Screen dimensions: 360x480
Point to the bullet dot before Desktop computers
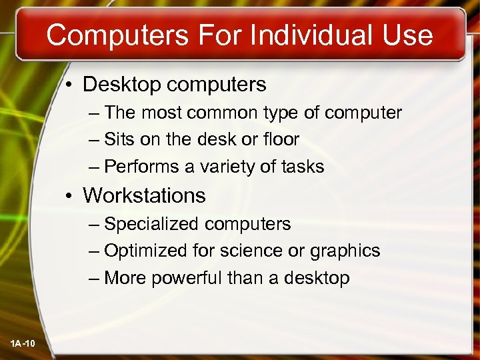point(70,85)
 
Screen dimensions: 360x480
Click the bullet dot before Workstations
point(70,196)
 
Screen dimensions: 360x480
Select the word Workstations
point(144,196)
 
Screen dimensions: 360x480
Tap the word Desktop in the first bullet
point(122,85)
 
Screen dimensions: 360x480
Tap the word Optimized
point(145,251)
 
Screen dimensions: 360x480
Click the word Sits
point(119,139)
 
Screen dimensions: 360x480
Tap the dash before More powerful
point(93,278)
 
